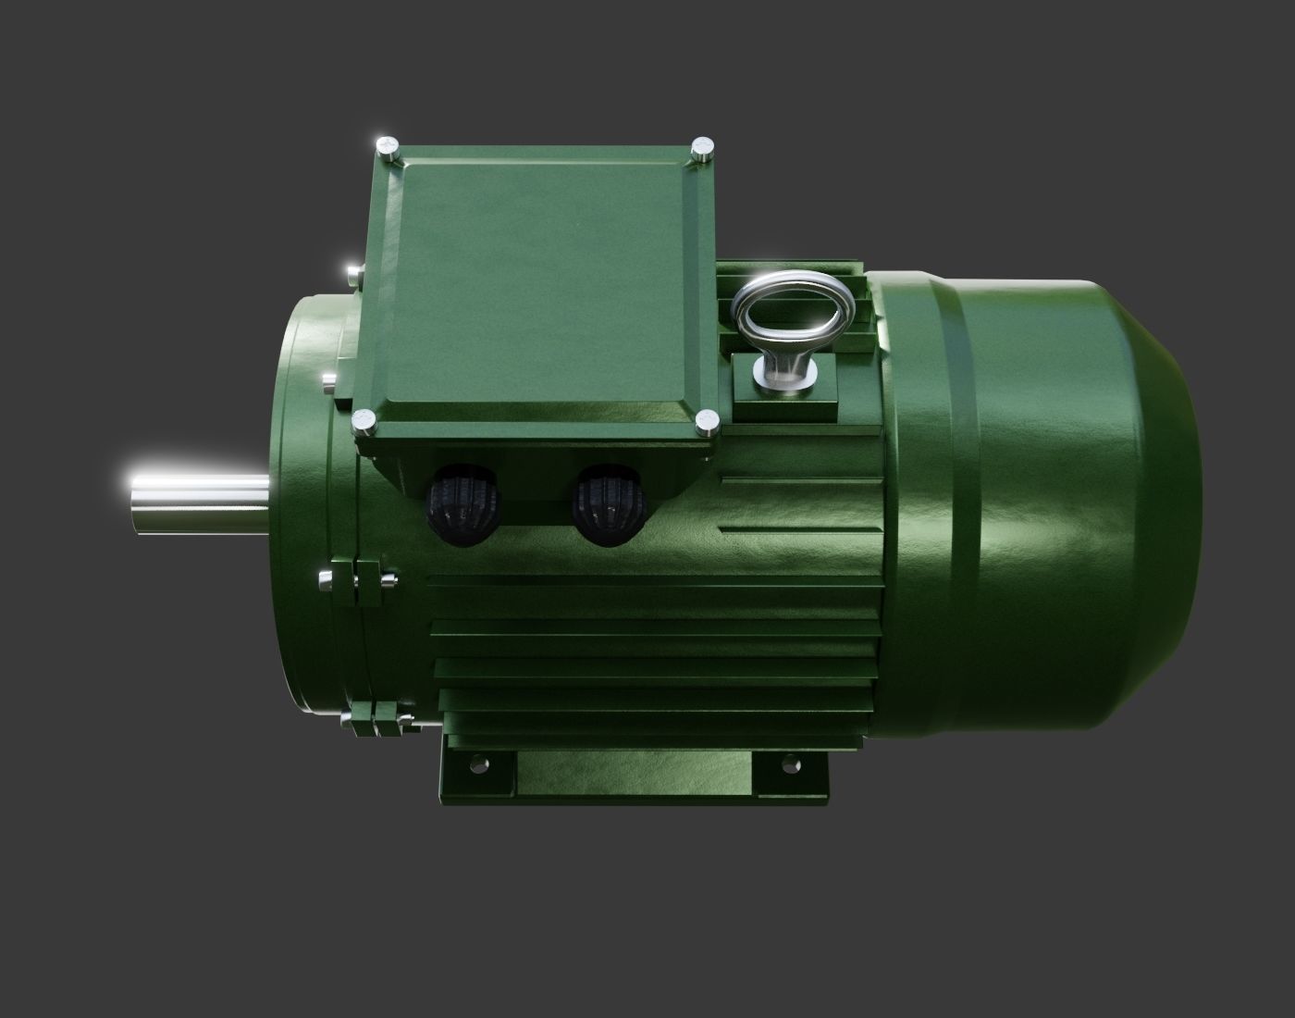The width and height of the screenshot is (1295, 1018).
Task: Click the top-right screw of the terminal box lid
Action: point(704,149)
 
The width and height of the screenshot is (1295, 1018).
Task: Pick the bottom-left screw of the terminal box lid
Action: point(364,421)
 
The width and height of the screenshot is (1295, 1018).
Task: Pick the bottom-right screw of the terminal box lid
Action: point(708,422)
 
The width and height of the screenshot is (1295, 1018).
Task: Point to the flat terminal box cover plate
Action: point(546,278)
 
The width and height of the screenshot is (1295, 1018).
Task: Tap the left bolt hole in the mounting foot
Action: point(478,764)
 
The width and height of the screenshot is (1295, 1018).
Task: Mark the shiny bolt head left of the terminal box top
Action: point(354,273)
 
